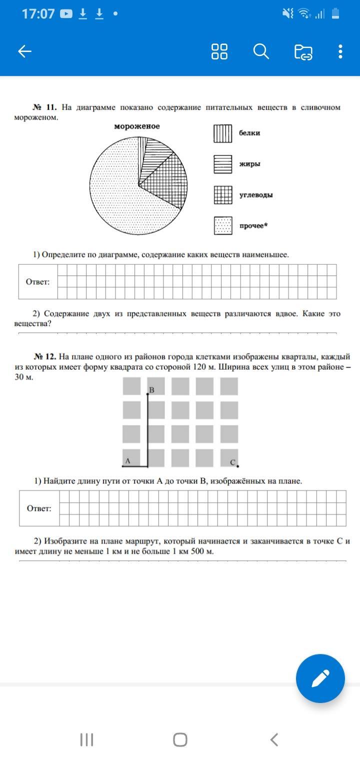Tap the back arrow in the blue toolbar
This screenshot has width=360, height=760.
tap(24, 51)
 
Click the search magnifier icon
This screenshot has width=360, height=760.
tap(261, 51)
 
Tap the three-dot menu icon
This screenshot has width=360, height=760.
tap(340, 51)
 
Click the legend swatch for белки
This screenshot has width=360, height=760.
tap(223, 133)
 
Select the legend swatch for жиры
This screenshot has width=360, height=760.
tap(223, 164)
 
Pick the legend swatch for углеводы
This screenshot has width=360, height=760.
tap(223, 195)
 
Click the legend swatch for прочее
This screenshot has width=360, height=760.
tap(223, 225)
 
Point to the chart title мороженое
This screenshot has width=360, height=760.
tap(137, 126)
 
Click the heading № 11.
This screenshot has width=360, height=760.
tap(45, 107)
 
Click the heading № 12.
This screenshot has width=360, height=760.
tap(45, 356)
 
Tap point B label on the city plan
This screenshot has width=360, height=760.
tap(151, 389)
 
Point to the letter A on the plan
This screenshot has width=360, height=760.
tap(127, 461)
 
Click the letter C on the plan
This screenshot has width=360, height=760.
tap(232, 462)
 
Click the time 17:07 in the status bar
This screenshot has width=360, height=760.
tap(38, 14)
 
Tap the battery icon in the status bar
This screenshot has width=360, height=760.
tap(335, 14)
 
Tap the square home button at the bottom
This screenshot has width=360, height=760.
tap(180, 739)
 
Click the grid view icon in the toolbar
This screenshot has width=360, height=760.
tap(219, 51)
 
